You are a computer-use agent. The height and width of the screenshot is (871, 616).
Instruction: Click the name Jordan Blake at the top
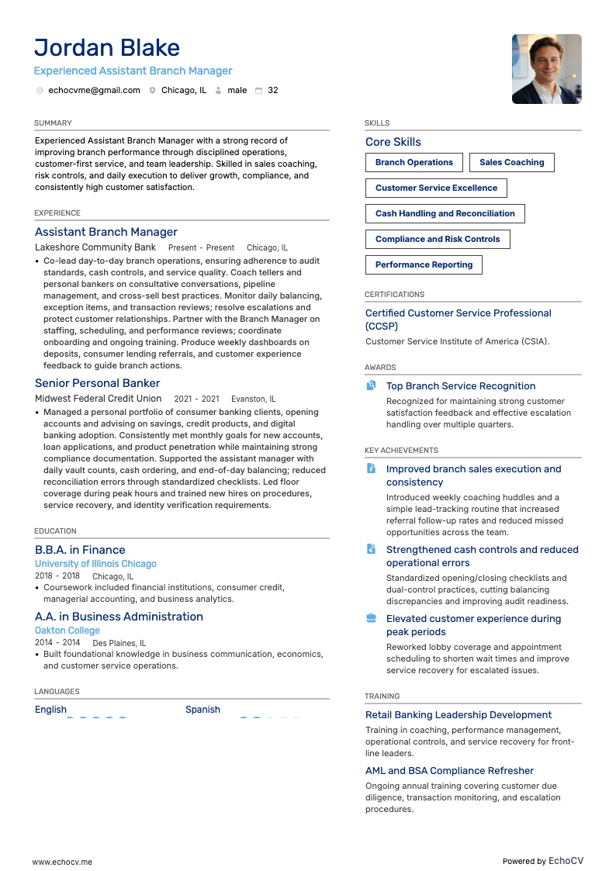[107, 48]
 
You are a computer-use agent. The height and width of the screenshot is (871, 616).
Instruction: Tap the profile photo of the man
[546, 69]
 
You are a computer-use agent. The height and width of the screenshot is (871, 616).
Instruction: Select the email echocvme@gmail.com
[94, 91]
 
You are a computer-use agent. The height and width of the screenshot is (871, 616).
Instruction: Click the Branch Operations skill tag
[414, 163]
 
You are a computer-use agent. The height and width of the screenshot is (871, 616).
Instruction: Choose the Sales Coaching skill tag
[511, 163]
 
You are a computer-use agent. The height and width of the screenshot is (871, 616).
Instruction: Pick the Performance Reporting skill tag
[424, 265]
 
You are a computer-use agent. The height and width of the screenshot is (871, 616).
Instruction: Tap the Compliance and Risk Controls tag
[438, 240]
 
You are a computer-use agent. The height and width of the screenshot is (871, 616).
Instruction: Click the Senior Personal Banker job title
[97, 383]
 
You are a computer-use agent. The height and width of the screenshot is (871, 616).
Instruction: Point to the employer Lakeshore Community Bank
[95, 247]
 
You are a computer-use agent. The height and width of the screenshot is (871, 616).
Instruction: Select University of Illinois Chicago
[95, 564]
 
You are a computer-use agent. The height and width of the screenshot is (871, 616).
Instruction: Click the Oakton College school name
[67, 631]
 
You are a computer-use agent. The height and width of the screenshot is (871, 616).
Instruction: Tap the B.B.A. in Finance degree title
[80, 550]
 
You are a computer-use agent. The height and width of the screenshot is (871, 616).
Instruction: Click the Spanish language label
[202, 710]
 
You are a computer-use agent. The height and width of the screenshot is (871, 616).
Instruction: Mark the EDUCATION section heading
[55, 531]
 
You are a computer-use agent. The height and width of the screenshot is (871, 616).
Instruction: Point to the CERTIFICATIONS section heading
[394, 295]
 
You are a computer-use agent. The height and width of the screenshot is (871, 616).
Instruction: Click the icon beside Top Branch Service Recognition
[371, 386]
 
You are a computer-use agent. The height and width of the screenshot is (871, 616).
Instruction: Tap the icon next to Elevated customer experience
[371, 619]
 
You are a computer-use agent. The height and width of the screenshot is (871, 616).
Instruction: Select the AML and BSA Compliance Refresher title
[449, 771]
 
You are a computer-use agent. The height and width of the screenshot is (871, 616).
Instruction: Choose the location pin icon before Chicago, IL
[153, 91]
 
